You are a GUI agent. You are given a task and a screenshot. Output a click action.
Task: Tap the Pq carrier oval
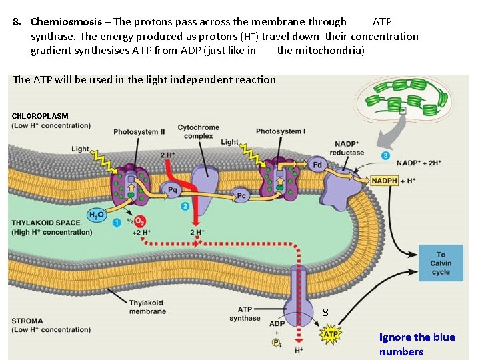tap(172, 190)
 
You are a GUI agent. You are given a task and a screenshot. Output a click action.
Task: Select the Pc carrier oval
tap(242, 195)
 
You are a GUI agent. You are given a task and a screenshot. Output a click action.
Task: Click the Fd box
tap(317, 163)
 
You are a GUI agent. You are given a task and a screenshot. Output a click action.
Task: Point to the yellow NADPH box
tap(385, 181)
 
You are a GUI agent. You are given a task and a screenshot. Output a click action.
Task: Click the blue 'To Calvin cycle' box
tap(441, 263)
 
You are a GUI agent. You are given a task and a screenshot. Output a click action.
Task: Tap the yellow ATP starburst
tap(331, 333)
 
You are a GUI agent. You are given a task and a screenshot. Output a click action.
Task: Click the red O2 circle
tap(140, 221)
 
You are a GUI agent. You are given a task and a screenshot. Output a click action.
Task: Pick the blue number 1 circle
tap(117, 222)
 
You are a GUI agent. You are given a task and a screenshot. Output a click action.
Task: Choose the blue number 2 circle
tap(185, 206)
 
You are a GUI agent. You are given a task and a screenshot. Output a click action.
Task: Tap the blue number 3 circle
tap(385, 155)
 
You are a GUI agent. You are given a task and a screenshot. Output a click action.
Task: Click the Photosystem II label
tap(158, 131)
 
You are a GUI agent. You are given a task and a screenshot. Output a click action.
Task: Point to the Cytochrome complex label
tap(198, 131)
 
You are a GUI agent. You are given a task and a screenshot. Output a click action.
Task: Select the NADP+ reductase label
tap(347, 148)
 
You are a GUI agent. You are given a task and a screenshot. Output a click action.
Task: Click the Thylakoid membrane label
tap(147, 307)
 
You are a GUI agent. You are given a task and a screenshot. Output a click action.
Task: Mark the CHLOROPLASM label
tap(40, 116)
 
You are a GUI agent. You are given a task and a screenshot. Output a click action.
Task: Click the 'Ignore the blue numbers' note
tap(417, 344)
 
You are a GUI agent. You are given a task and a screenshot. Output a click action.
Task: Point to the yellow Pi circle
tap(276, 343)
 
